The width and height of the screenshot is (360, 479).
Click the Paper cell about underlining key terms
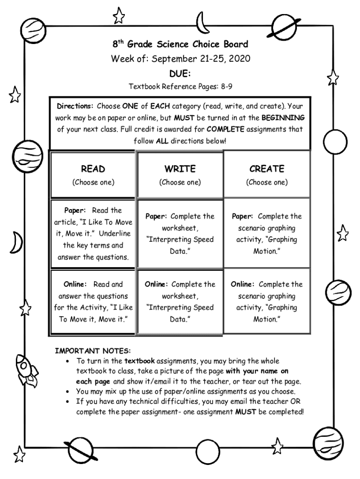pos(93,233)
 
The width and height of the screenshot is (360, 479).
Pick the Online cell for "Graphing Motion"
pos(266,302)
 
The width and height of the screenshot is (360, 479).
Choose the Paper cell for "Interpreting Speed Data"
pos(180,233)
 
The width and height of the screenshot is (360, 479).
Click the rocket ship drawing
pos(26,371)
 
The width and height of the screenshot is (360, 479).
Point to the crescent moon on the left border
pos(17,242)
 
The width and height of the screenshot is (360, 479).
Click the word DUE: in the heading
pos(180,73)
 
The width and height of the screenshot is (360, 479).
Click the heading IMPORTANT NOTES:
pos(93,350)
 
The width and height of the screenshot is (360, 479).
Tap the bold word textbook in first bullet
pos(139,361)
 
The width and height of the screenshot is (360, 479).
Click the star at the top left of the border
pos(120,16)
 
